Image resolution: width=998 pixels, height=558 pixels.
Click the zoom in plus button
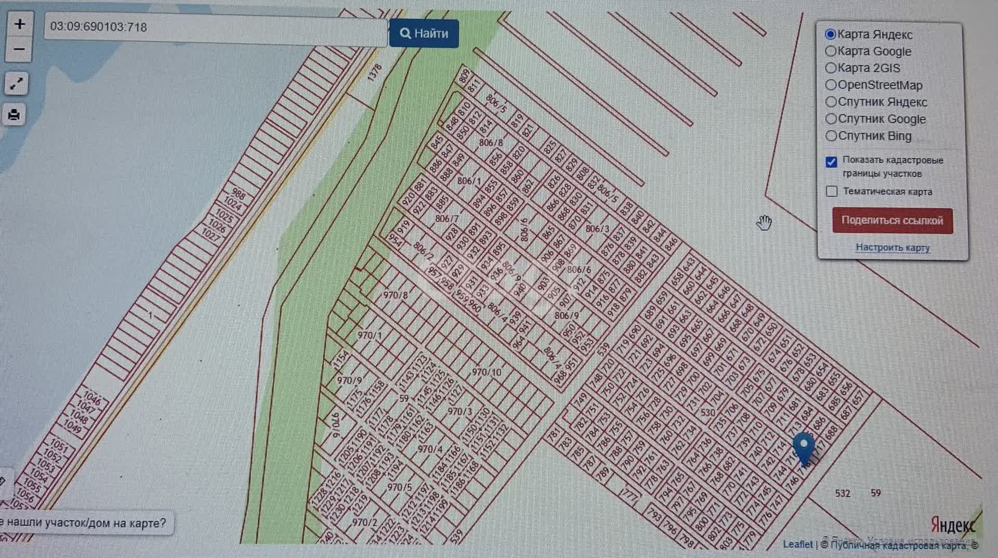point(20,24)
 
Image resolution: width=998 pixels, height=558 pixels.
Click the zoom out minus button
point(20,50)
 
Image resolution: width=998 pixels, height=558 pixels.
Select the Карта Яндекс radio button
point(831,34)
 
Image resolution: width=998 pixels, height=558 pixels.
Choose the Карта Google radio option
point(831,51)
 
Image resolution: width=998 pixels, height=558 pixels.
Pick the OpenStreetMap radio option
point(831,85)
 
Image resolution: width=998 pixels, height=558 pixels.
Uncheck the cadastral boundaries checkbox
point(832,162)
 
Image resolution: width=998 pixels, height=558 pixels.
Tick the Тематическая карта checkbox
point(832,191)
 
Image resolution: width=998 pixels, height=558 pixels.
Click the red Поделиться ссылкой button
point(892,220)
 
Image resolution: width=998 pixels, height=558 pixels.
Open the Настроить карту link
point(892,248)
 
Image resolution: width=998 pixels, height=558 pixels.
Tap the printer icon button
point(15,115)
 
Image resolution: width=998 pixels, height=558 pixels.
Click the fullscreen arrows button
point(16,84)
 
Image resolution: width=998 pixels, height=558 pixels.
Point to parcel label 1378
point(374,72)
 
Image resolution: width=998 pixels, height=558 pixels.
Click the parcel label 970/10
point(487,372)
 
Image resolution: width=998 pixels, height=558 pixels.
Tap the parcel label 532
point(843,493)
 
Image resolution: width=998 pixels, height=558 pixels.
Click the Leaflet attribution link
point(797,544)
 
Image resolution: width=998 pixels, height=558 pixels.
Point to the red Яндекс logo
point(953,525)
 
